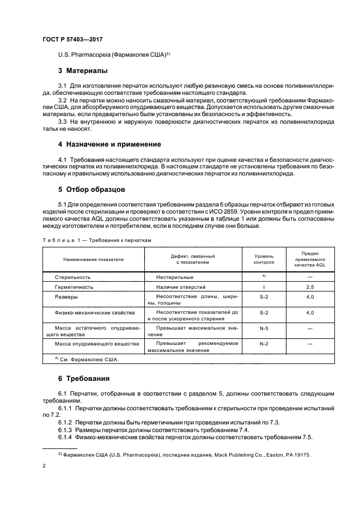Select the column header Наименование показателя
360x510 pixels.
tap(93, 259)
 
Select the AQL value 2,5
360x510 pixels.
tap(310, 287)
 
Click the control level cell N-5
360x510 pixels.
tap(264, 329)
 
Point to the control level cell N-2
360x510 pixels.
tap(264, 344)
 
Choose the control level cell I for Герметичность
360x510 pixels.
tap(264, 287)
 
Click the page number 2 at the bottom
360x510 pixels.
tap(44, 466)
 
